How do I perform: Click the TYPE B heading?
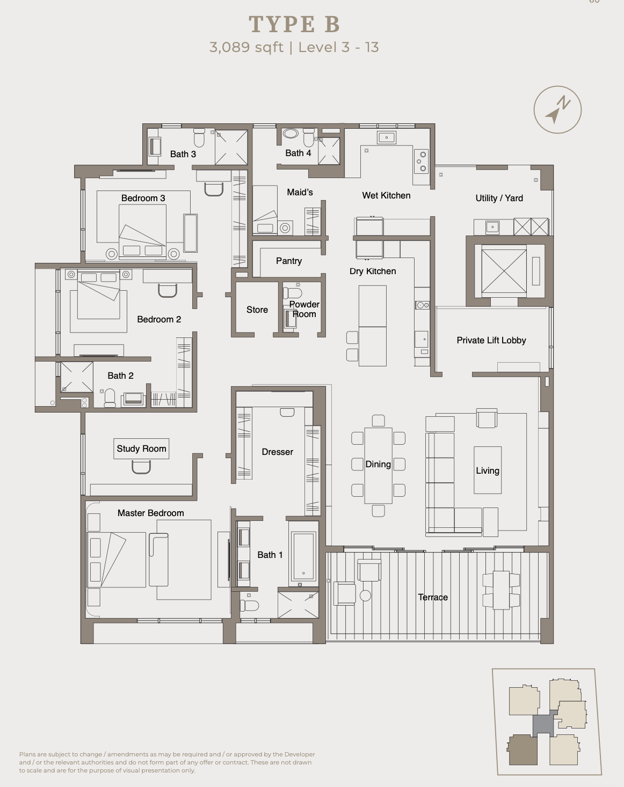294,24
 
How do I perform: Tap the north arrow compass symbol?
557,109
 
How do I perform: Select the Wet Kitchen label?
386,195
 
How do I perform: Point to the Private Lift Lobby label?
491,340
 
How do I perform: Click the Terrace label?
433,597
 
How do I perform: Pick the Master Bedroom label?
150,513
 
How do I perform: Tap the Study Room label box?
141,448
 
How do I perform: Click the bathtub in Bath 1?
303,556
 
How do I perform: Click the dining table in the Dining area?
378,466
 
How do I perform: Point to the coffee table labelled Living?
488,470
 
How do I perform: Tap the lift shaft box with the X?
504,271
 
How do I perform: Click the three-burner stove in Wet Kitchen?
421,161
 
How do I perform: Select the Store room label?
257,310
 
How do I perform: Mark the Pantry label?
289,261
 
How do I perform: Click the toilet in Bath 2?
110,398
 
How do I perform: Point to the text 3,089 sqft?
246,47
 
